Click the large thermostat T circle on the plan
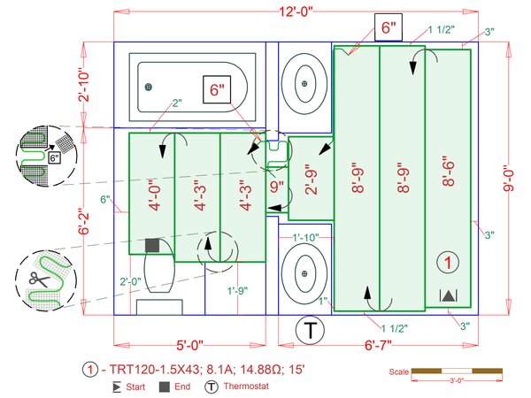(311, 332)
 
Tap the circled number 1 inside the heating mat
(449, 263)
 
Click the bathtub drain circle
(149, 86)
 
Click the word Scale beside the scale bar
(399, 371)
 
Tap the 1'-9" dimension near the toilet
(237, 290)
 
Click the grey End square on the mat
(152, 244)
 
